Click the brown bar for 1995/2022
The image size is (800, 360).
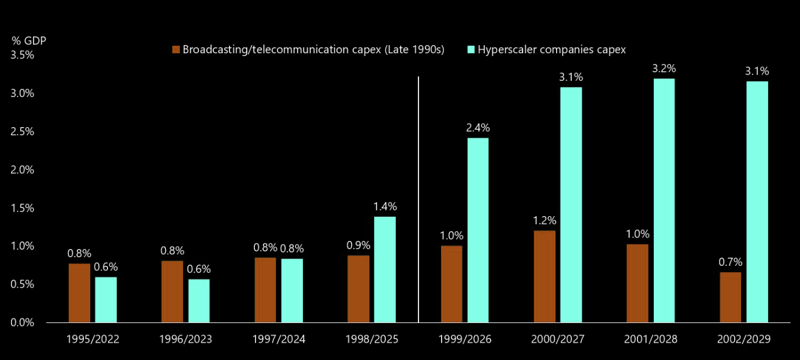click(x=79, y=293)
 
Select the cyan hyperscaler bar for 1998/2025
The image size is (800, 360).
click(x=385, y=270)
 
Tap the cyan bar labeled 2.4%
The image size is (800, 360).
click(x=478, y=231)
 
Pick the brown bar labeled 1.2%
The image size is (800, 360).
click(x=545, y=276)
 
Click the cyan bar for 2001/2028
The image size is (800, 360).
click(x=664, y=201)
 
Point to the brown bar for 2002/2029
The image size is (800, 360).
click(x=731, y=298)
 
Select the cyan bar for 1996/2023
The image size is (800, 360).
click(x=199, y=300)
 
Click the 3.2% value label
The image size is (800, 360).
click(x=664, y=69)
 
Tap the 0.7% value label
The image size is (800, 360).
click(x=731, y=262)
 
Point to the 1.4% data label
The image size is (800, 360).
click(x=385, y=206)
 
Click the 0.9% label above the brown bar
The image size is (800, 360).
click(x=358, y=246)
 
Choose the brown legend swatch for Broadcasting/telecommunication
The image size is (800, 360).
click(x=176, y=49)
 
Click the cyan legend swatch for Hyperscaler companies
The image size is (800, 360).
click(x=471, y=49)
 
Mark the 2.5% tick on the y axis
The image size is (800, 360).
click(x=22, y=131)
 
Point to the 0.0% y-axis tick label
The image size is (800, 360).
click(x=22, y=322)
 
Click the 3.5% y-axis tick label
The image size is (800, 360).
click(x=22, y=55)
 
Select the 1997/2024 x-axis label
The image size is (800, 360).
click(x=279, y=339)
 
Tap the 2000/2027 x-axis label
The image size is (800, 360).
click(x=557, y=339)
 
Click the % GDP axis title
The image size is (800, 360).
click(x=29, y=40)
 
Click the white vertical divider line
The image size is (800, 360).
click(x=418, y=199)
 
